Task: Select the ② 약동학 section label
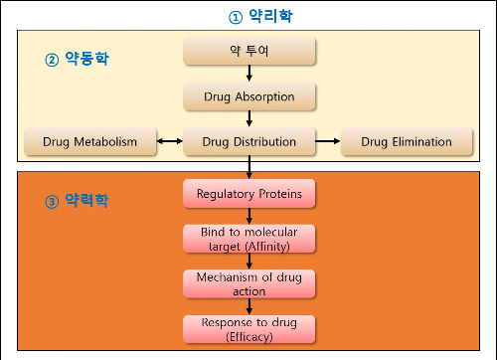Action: [x=78, y=59]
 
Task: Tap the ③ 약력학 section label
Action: [x=78, y=201]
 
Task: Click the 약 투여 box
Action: [x=248, y=50]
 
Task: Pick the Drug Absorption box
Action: [x=248, y=95]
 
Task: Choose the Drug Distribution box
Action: [x=248, y=142]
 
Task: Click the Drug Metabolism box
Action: [x=89, y=142]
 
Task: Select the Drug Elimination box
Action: [x=408, y=142]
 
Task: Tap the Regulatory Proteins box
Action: [x=248, y=192]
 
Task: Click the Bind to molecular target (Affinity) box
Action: [x=248, y=238]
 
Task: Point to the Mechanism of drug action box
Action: [x=248, y=283]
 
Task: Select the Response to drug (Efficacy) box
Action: [x=248, y=329]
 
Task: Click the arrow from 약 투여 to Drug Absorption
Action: [x=248, y=73]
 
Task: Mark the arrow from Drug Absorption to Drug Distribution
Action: [x=248, y=118]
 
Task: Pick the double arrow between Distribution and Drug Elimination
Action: [x=328, y=142]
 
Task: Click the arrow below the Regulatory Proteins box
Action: [x=248, y=215]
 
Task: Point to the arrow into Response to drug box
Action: [x=248, y=306]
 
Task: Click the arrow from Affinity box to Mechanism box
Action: [x=248, y=261]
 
